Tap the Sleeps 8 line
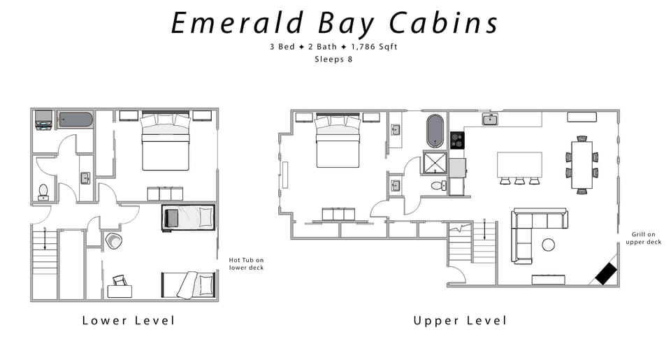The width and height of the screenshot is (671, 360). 335,59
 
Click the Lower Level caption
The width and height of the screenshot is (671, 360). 128,321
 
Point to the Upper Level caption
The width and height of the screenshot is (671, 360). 460,321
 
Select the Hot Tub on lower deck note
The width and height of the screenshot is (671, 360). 246,264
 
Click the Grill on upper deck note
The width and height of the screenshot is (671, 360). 646,238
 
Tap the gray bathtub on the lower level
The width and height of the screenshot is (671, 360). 75,120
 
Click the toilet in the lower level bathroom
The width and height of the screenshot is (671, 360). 43,191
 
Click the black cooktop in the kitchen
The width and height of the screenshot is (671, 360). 457,140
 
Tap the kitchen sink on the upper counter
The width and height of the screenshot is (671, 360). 491,120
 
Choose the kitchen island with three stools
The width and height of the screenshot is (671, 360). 519,165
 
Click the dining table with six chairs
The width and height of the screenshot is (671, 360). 582,165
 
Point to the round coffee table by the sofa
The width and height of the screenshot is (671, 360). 549,245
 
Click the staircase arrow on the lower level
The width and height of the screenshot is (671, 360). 45,240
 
